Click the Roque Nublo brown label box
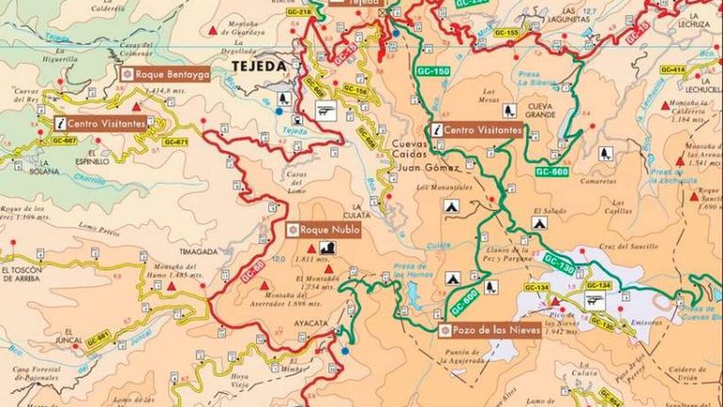pyautogui.click(x=323, y=230)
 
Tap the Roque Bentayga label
pyautogui.click(x=165, y=74)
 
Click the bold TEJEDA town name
pyautogui.click(x=260, y=66)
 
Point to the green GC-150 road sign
pyautogui.click(x=433, y=71)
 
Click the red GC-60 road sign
pyautogui.click(x=253, y=271)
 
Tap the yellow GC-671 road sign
pyautogui.click(x=175, y=142)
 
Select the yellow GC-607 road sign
pyautogui.click(x=64, y=141)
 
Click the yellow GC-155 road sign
pyautogui.click(x=506, y=33)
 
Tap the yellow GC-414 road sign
pyautogui.click(x=673, y=70)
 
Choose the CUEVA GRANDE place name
pyautogui.click(x=541, y=110)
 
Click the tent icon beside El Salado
pyautogui.click(x=539, y=223)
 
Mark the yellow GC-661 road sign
pyautogui.click(x=98, y=340)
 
